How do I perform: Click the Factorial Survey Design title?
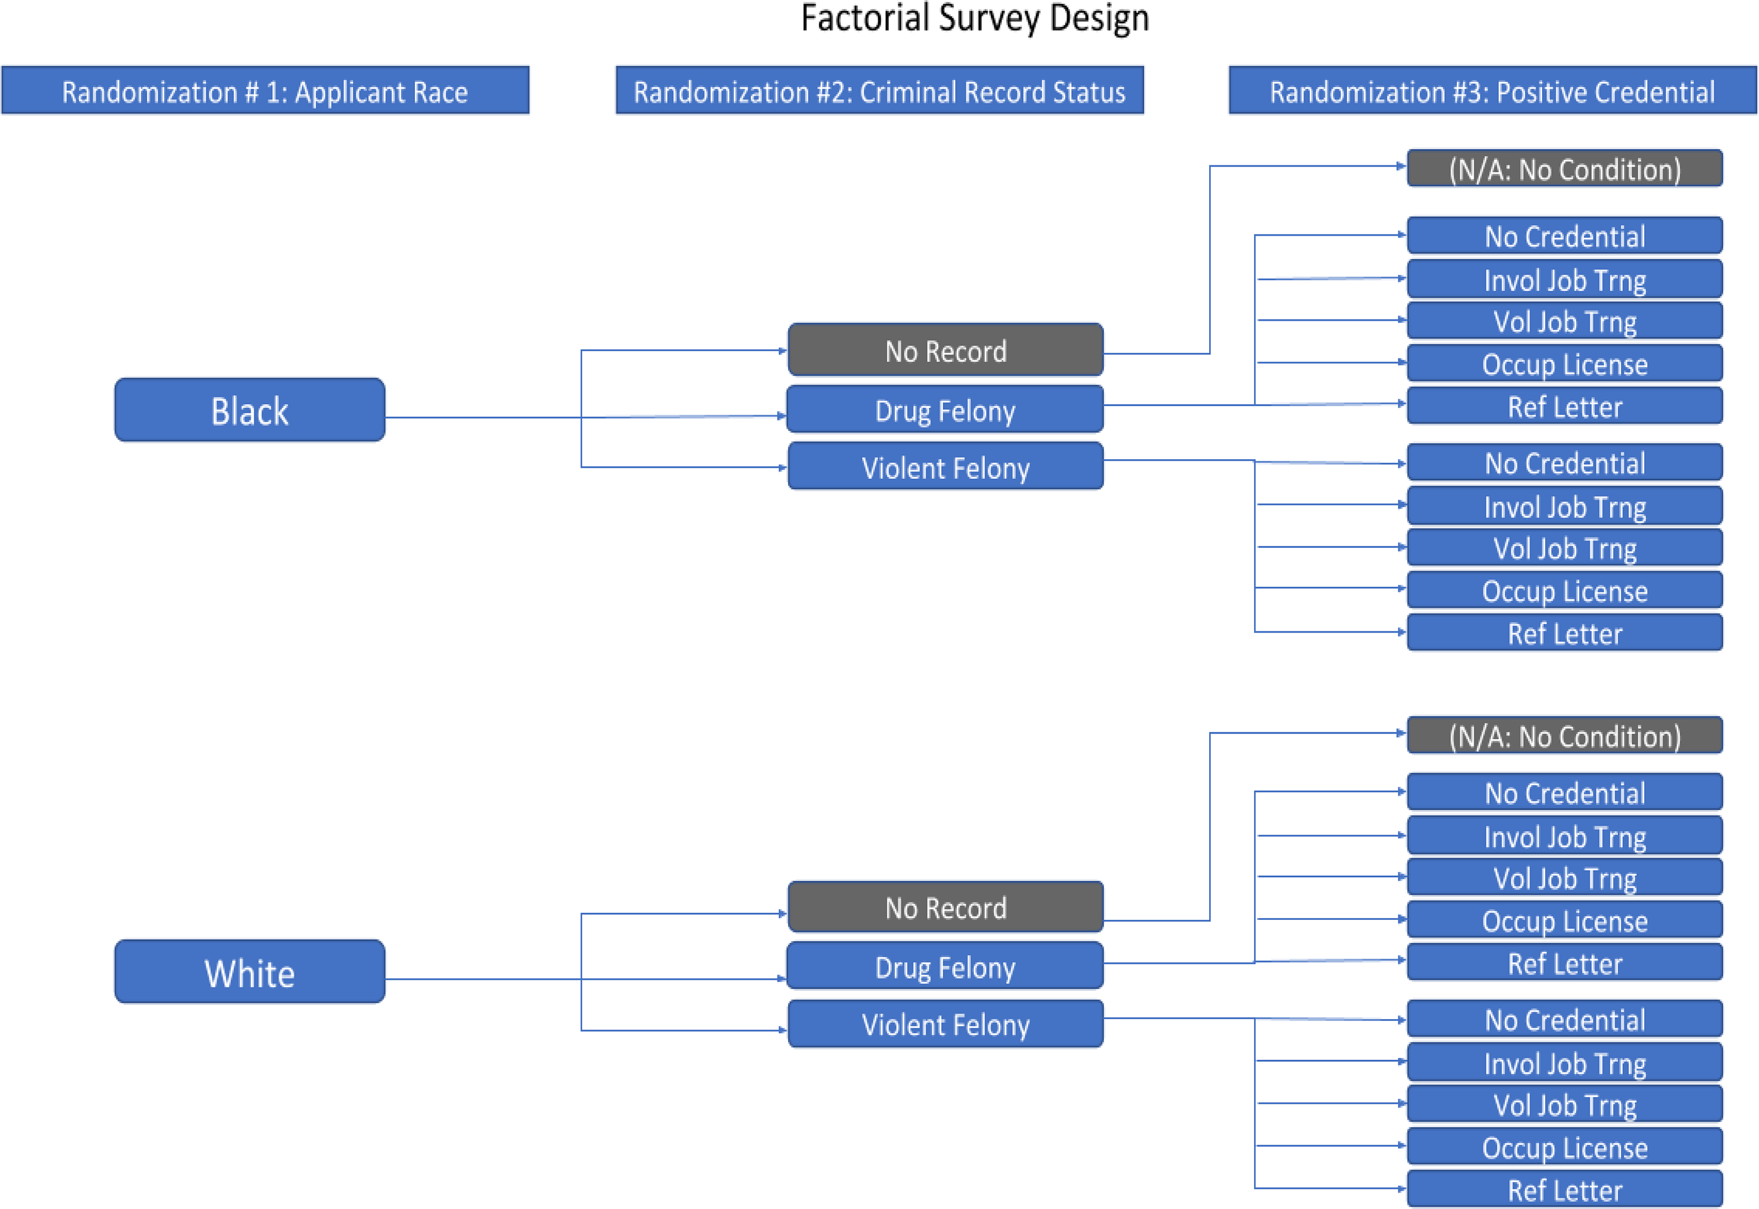click(975, 18)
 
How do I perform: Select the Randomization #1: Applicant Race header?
click(265, 91)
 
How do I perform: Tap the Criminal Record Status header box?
click(880, 91)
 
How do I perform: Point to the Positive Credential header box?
click(1492, 91)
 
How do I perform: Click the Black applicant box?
click(250, 410)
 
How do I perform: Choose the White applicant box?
click(250, 972)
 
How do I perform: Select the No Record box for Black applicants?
click(945, 350)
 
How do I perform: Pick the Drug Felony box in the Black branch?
click(945, 410)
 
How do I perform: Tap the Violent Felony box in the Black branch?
click(945, 467)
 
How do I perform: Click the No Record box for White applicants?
click(945, 906)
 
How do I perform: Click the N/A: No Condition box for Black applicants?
click(1565, 168)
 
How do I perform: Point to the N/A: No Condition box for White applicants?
click(1565, 736)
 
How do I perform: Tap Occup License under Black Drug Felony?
click(1565, 364)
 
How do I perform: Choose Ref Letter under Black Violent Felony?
click(1565, 633)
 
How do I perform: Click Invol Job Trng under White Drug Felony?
click(1565, 836)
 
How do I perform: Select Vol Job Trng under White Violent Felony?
click(1565, 1105)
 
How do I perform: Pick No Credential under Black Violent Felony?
click(1565, 463)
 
